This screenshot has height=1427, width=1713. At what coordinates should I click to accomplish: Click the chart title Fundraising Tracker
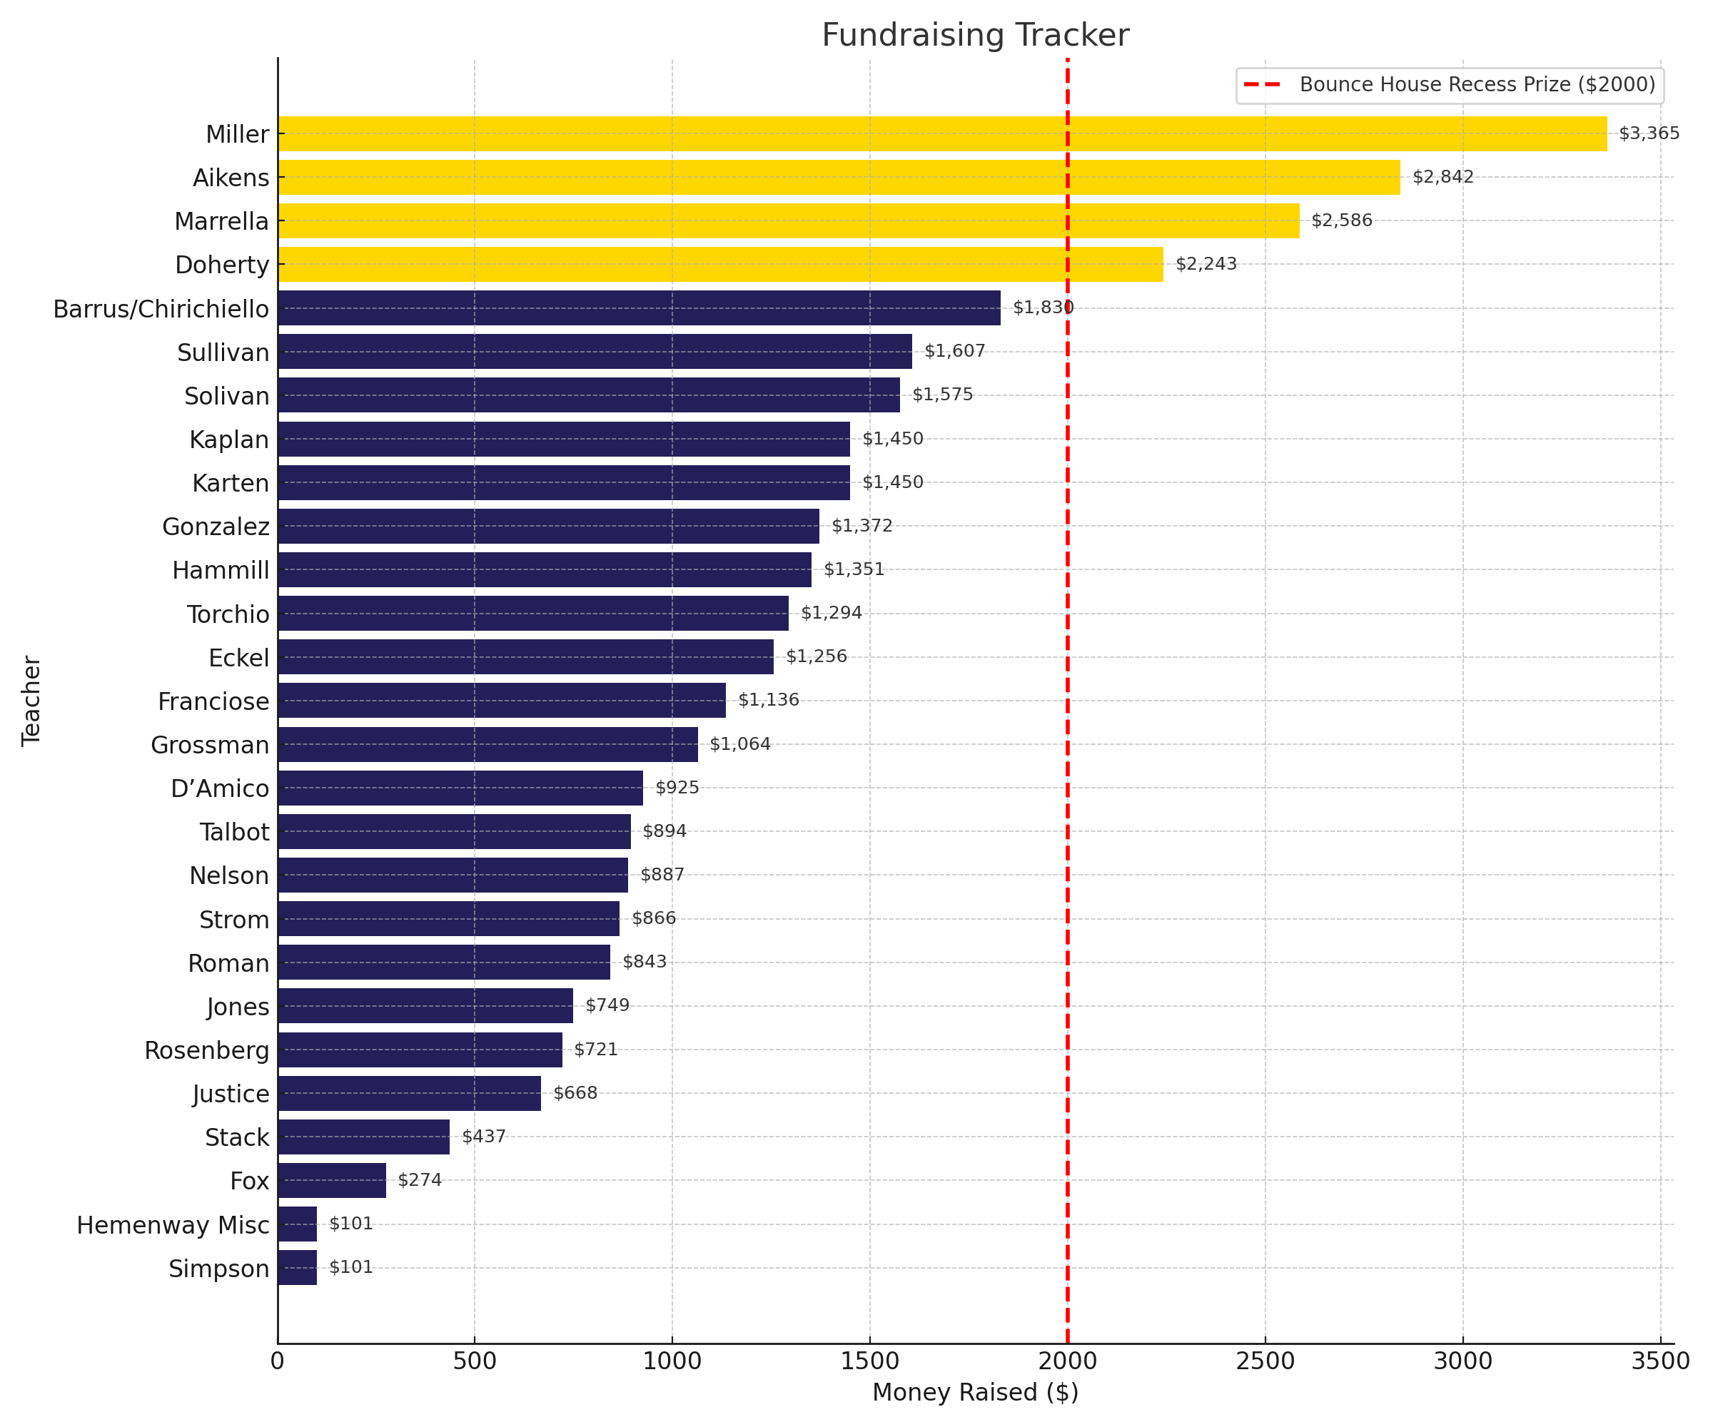[x=975, y=36]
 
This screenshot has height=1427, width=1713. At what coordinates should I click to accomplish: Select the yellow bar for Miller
[x=942, y=133]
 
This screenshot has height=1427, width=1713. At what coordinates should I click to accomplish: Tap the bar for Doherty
[x=719, y=264]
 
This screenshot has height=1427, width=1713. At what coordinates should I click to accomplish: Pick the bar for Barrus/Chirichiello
[x=639, y=308]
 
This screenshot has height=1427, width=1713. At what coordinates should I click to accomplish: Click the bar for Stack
[x=363, y=1137]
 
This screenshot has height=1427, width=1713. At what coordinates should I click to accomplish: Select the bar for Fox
[x=331, y=1180]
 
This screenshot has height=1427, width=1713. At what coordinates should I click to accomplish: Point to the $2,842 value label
[x=1442, y=177]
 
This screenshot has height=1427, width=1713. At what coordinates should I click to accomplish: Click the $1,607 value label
[x=954, y=352]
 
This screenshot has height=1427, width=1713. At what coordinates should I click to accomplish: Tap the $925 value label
[x=677, y=788]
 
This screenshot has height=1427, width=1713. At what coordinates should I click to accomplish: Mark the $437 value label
[x=484, y=1137]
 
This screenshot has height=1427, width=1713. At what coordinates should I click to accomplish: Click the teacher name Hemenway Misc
[x=173, y=1225]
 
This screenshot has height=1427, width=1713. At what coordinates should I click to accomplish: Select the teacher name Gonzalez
[x=216, y=527]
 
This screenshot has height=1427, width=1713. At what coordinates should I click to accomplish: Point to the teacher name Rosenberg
[x=206, y=1050]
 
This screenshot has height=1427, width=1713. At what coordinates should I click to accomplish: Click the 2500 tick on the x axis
[x=1264, y=1361]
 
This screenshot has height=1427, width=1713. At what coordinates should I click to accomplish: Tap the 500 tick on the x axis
[x=474, y=1361]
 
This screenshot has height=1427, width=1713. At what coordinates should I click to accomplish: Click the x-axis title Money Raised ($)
[x=975, y=1392]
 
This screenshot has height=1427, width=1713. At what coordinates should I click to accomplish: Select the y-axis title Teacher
[x=31, y=701]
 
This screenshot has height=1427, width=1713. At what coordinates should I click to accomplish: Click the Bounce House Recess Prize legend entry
[x=1449, y=85]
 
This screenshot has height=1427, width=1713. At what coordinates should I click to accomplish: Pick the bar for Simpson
[x=297, y=1267]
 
